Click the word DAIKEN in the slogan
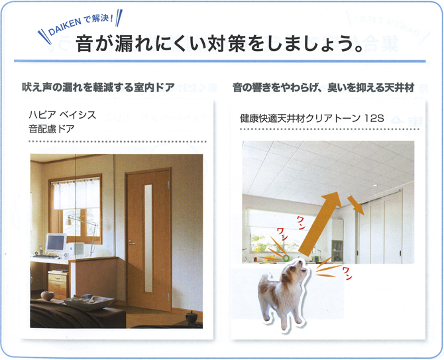point(65,27)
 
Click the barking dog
point(282,293)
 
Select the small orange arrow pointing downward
point(356,205)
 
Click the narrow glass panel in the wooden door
point(148,239)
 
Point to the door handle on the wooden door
point(132,243)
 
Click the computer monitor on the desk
point(56,243)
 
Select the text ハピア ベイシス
point(62,115)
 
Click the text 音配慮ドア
point(52,129)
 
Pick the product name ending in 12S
point(311,118)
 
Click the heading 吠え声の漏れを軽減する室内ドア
point(98,88)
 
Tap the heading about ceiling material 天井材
point(323,88)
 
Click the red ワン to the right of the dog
point(347,273)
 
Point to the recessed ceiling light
point(374,185)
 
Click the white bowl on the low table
point(88,302)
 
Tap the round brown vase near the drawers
point(47,296)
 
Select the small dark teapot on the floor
point(191,316)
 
